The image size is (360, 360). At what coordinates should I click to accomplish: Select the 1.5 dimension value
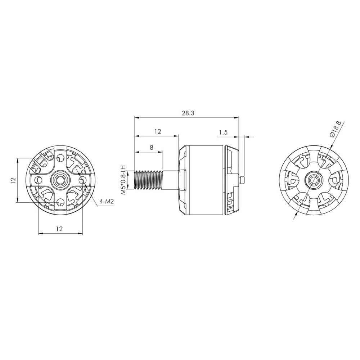click(x=223, y=132)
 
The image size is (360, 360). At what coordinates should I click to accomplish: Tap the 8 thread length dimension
click(x=152, y=147)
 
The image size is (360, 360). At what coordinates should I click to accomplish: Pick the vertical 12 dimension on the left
click(x=13, y=180)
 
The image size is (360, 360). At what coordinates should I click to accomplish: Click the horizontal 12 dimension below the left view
click(x=59, y=229)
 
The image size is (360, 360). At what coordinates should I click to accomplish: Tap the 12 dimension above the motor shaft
click(x=158, y=131)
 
